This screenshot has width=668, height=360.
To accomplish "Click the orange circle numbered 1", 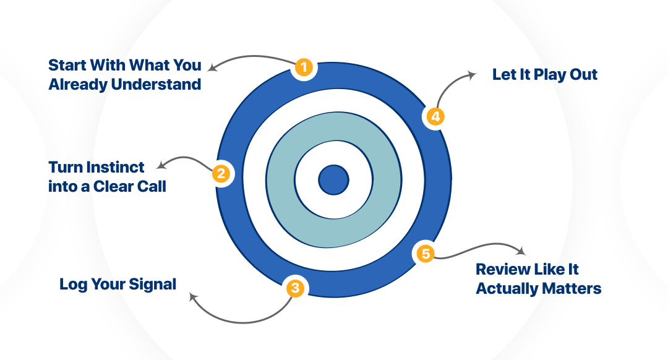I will (x=303, y=67).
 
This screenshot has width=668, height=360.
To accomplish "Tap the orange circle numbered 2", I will (x=221, y=174).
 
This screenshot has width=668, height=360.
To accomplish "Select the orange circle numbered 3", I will (x=296, y=288).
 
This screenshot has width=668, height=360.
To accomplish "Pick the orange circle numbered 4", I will (x=434, y=116).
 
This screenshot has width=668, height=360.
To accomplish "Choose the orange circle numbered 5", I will (x=425, y=253).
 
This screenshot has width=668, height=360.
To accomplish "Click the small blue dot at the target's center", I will (x=333, y=180).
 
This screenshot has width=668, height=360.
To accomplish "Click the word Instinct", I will (x=115, y=167).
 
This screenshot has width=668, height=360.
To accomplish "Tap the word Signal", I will (x=153, y=285).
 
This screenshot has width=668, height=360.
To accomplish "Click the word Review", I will (x=502, y=270).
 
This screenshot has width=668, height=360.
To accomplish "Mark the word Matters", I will (x=569, y=289).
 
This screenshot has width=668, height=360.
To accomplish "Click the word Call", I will (x=151, y=186).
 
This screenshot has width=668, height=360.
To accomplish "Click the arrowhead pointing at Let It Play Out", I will (x=473, y=74).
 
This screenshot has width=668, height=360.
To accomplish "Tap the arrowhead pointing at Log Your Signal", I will (x=193, y=297).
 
